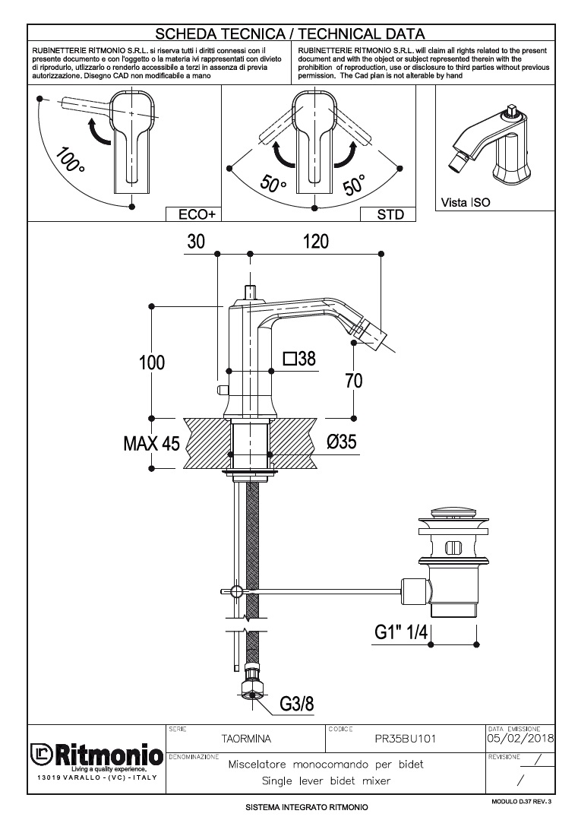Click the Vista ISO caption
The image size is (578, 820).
pyautogui.click(x=466, y=203)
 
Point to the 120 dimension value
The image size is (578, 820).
pyautogui.click(x=315, y=241)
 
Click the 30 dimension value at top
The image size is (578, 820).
pyautogui.click(x=196, y=241)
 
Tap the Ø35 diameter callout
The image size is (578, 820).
pyautogui.click(x=342, y=442)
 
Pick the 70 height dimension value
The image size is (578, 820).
pyautogui.click(x=354, y=381)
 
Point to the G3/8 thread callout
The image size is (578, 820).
pyautogui.click(x=296, y=704)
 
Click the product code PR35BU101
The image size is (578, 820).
pyautogui.click(x=406, y=738)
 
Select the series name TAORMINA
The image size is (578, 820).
pyautogui.click(x=246, y=738)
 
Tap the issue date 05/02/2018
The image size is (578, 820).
pyautogui.click(x=520, y=738)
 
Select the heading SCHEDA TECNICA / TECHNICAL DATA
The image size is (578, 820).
pyautogui.click(x=289, y=33)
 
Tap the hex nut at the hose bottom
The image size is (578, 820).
pyautogui.click(x=252, y=690)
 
